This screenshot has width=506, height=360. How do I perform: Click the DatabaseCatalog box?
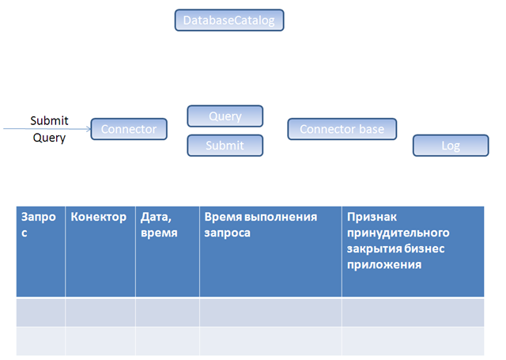click(x=228, y=21)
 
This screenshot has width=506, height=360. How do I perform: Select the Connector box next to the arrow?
click(x=129, y=129)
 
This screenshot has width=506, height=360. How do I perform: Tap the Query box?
click(x=225, y=116)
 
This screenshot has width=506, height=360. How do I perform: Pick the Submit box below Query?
click(x=225, y=146)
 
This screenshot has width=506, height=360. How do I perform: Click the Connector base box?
click(x=342, y=129)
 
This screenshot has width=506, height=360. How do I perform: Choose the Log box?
click(x=451, y=146)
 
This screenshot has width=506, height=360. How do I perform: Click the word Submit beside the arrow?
click(x=49, y=121)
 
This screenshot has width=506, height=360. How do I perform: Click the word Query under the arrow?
click(x=49, y=138)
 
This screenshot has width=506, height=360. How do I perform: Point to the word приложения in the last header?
click(x=383, y=264)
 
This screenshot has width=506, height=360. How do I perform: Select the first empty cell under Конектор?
click(x=100, y=312)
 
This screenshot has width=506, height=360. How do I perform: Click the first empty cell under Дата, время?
click(x=167, y=312)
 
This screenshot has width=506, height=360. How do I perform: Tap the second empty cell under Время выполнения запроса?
click(x=270, y=340)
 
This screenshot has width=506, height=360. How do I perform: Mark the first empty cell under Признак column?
click(x=413, y=312)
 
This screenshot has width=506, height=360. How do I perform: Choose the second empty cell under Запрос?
click(x=40, y=340)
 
